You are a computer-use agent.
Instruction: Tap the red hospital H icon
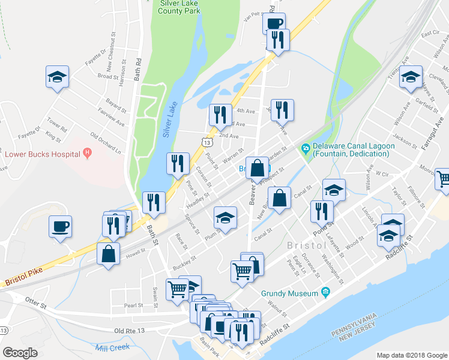[88, 153]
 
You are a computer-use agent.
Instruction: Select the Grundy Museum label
[289, 293]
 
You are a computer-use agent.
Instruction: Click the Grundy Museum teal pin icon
[326, 293]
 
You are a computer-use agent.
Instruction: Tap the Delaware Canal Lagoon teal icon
[306, 148]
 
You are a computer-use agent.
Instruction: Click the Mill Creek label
[112, 347]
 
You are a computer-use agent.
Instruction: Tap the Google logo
[20, 353]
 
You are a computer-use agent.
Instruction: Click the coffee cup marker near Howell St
[60, 227]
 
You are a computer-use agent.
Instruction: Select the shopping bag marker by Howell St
[108, 253]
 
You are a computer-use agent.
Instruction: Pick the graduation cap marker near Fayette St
[57, 77]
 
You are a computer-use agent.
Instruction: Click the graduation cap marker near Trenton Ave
[411, 77]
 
